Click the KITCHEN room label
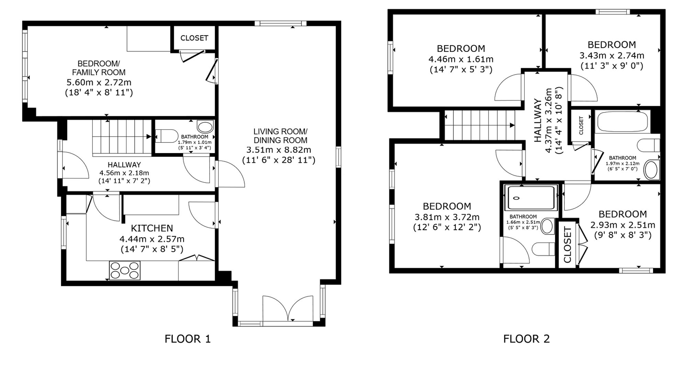152,228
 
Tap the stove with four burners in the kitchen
125,270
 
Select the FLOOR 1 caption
188,339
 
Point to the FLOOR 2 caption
527,339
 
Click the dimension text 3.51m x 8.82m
279,150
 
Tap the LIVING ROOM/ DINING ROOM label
280,136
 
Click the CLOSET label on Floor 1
194,38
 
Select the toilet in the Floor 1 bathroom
166,136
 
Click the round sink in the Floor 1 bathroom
206,127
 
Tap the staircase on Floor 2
480,125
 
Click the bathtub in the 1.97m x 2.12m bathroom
622,122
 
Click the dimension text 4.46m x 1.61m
461,59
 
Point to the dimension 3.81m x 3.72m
447,217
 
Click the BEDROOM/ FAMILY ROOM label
99,68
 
